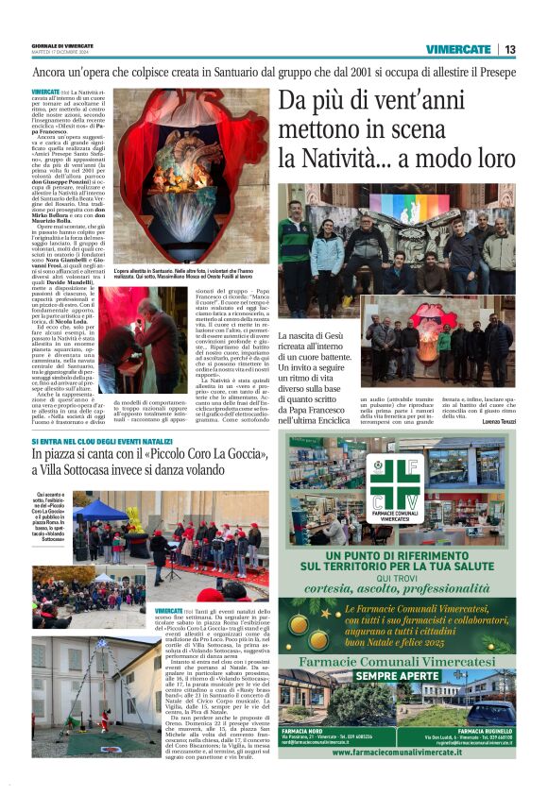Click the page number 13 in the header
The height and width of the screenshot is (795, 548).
509,49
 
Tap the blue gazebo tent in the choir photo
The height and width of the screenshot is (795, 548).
103,511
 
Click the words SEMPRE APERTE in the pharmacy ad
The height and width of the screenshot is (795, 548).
397,676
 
